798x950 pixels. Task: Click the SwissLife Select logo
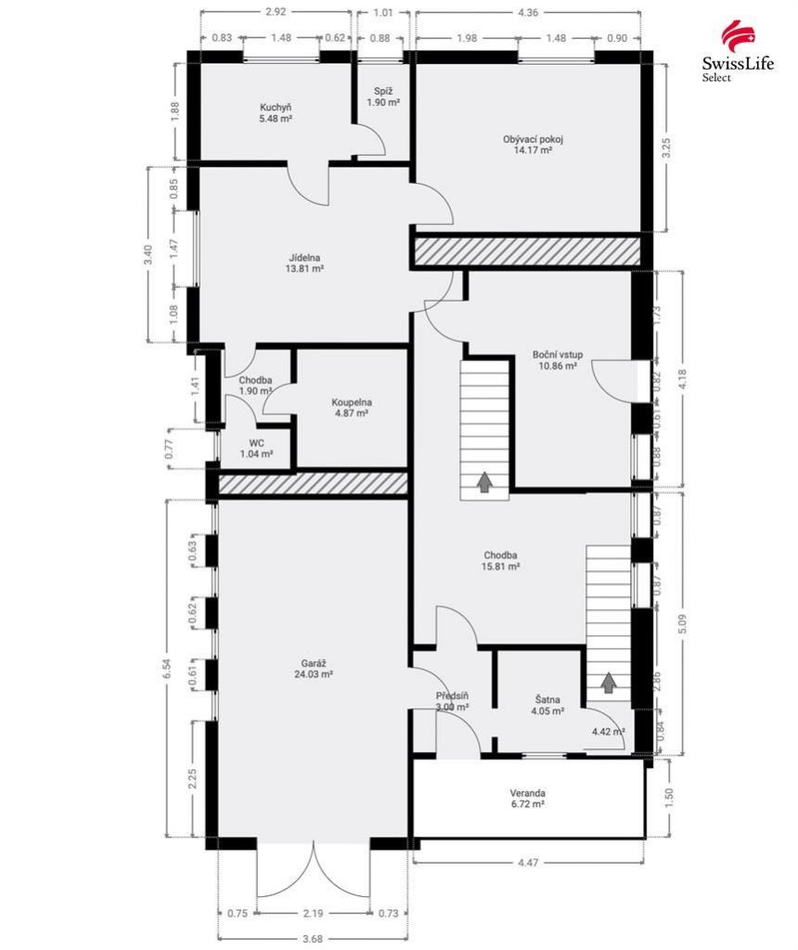click(x=738, y=51)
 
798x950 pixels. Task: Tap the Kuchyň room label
click(x=276, y=113)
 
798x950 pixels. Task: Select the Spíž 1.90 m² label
click(x=383, y=97)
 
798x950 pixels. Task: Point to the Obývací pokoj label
click(x=533, y=144)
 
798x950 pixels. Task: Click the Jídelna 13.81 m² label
click(x=303, y=263)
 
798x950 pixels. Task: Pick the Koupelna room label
click(x=351, y=408)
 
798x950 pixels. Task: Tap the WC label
click(x=256, y=449)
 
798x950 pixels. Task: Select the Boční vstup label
click(x=558, y=360)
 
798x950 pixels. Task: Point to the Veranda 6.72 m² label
click(x=527, y=799)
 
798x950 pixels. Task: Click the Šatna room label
click(x=547, y=705)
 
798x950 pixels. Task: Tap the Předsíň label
click(x=452, y=702)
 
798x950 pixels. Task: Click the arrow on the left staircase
click(x=483, y=481)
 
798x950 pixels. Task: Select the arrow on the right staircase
click(x=609, y=683)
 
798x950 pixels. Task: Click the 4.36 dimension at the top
click(x=528, y=12)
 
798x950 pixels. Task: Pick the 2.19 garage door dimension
click(x=313, y=913)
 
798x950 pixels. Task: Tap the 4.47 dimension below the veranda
click(x=528, y=862)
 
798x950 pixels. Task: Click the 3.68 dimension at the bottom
click(x=313, y=939)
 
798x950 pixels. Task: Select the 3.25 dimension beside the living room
click(x=666, y=149)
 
